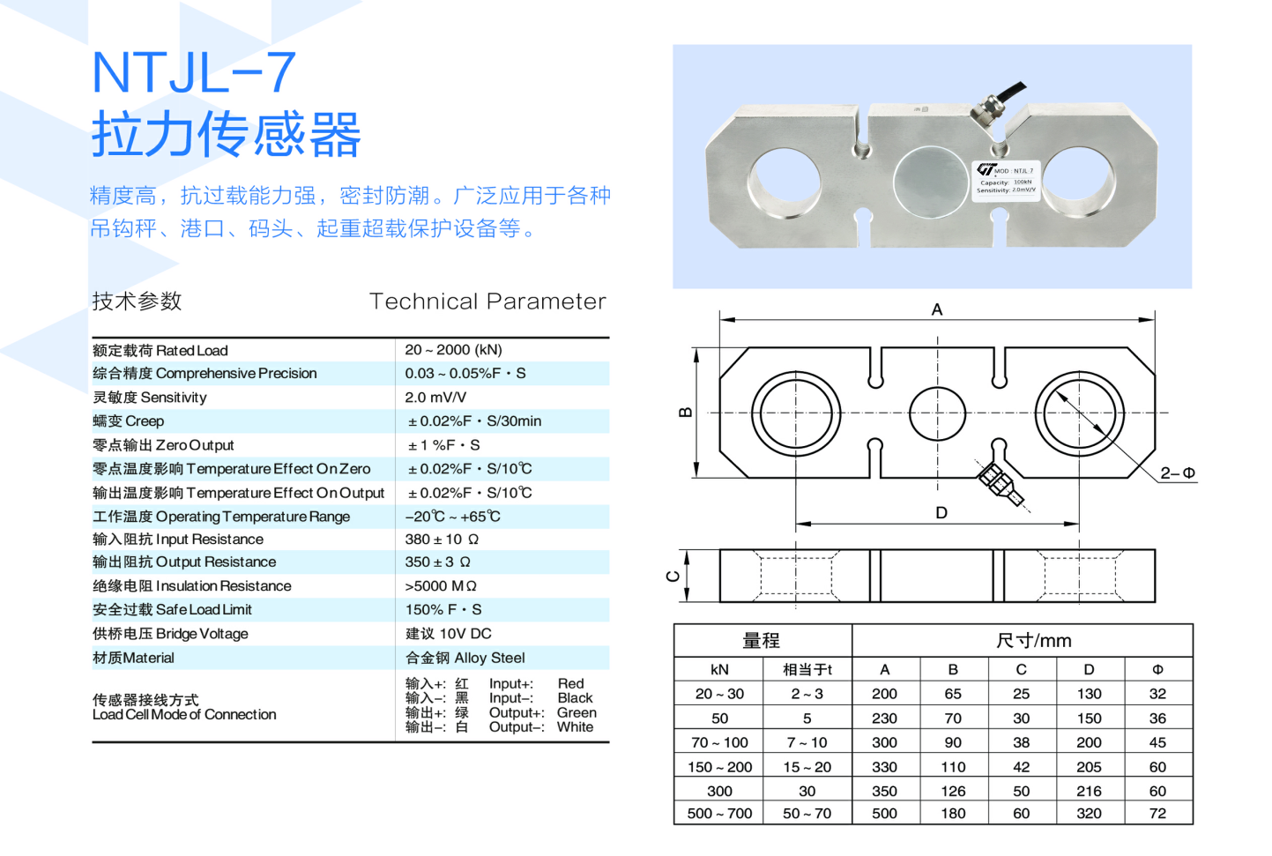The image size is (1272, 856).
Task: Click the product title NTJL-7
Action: (x=193, y=72)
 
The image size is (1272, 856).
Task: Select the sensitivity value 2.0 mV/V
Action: (x=435, y=398)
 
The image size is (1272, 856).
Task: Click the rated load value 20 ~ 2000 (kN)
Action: (x=453, y=350)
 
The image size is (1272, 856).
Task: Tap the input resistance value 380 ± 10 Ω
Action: (x=442, y=540)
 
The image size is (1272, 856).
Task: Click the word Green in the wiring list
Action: (x=576, y=712)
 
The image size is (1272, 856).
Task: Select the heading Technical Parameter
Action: (x=487, y=301)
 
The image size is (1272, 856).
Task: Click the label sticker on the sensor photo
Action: (x=1006, y=180)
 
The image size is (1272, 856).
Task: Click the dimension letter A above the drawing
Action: (x=937, y=309)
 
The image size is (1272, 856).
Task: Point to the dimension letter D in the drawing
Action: (x=941, y=513)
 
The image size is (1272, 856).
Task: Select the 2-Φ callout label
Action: (x=1177, y=473)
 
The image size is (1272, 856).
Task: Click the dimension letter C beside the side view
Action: (x=673, y=577)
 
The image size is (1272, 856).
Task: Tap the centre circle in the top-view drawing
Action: (x=937, y=413)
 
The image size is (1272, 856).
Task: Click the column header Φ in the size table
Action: (x=1157, y=670)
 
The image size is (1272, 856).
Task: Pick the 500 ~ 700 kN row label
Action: (x=719, y=813)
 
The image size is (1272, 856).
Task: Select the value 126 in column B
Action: (x=953, y=791)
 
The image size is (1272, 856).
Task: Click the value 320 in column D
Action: (x=1089, y=813)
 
